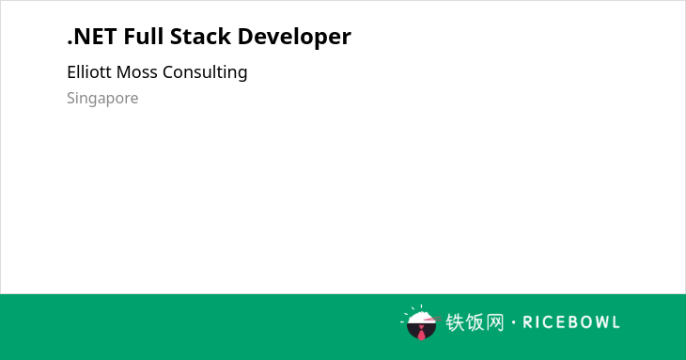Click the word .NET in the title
click(92, 37)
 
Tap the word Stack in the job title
click(200, 36)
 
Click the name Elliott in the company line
click(89, 71)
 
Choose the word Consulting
click(205, 72)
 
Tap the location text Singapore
click(102, 99)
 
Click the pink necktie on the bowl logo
click(421, 333)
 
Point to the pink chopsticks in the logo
click(432, 319)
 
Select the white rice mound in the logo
click(420, 318)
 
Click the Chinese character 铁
click(455, 322)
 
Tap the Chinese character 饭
click(475, 322)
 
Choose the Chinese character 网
click(495, 322)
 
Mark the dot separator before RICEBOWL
click(513, 322)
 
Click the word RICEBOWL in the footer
click(571, 322)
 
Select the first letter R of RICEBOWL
click(527, 322)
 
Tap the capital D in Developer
click(245, 37)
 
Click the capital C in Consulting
click(168, 72)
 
